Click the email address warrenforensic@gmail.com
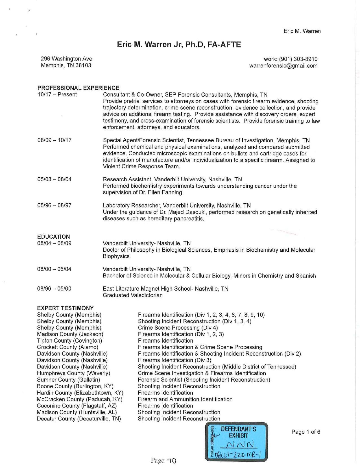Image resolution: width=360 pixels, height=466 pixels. pos(283,66)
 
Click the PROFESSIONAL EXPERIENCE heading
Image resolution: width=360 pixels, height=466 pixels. pos(78,88)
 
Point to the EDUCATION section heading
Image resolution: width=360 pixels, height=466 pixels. pos(53,237)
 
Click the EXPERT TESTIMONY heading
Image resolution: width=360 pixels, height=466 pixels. pos(65,308)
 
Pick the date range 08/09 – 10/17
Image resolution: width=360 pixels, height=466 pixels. pos(54,140)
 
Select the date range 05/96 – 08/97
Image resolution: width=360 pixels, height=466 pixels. pos(54,205)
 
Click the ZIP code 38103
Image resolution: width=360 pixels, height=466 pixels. pos(83,66)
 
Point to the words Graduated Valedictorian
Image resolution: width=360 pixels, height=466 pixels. pos(132,295)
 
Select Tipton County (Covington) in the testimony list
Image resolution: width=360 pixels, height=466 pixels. pos(69,341)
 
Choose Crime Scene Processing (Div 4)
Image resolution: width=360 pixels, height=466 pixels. pos(178,328)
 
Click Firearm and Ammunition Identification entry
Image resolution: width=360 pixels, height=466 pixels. pos(185,399)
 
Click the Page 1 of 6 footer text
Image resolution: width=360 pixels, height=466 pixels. pos(306,432)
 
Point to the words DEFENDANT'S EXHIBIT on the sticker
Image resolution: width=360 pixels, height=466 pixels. pos(239,432)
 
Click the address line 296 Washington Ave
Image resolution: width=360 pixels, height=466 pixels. pos(66,59)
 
